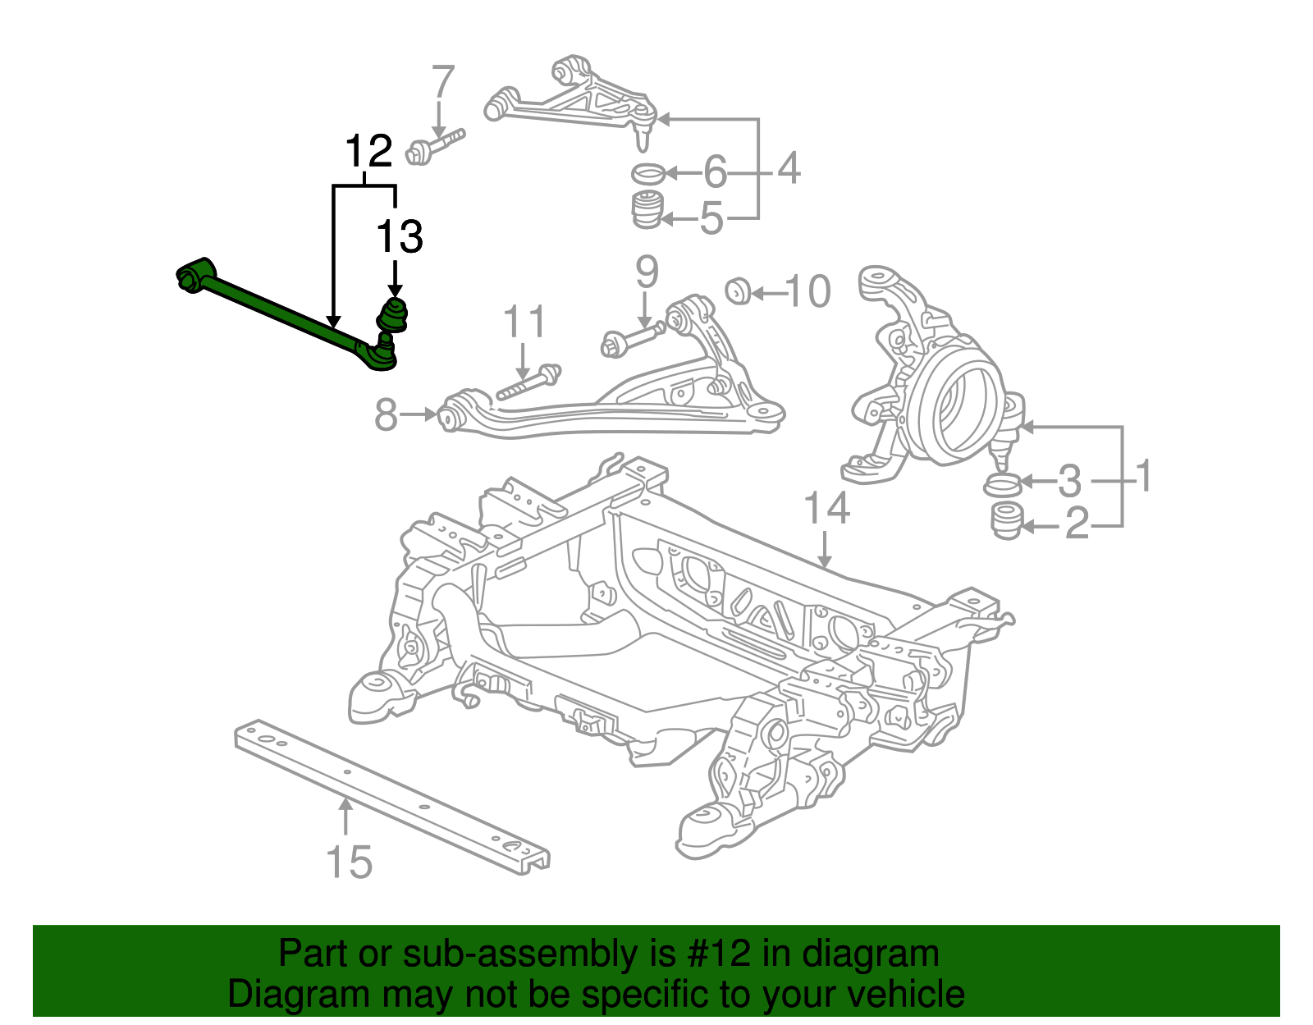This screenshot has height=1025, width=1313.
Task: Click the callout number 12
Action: pyautogui.click(x=368, y=153)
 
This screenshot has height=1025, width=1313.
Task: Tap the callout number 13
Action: pyautogui.click(x=399, y=237)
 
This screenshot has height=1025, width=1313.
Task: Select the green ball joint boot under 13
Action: pyautogui.click(x=394, y=315)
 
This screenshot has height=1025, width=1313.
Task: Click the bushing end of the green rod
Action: pyautogui.click(x=194, y=274)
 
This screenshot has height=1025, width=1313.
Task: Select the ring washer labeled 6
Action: pyautogui.click(x=648, y=173)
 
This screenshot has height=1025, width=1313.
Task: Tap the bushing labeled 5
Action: pyautogui.click(x=647, y=210)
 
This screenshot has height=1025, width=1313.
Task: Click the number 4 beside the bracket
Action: pyautogui.click(x=788, y=169)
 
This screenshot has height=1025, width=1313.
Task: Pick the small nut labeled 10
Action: pyautogui.click(x=739, y=291)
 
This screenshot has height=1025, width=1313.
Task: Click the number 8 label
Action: pyautogui.click(x=387, y=415)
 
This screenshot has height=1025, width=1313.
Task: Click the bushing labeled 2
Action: pyautogui.click(x=1006, y=520)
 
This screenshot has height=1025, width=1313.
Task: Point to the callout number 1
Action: pyautogui.click(x=1141, y=477)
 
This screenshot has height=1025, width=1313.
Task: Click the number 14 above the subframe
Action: pyautogui.click(x=826, y=509)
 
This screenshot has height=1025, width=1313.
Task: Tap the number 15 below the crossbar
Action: pyautogui.click(x=350, y=862)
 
